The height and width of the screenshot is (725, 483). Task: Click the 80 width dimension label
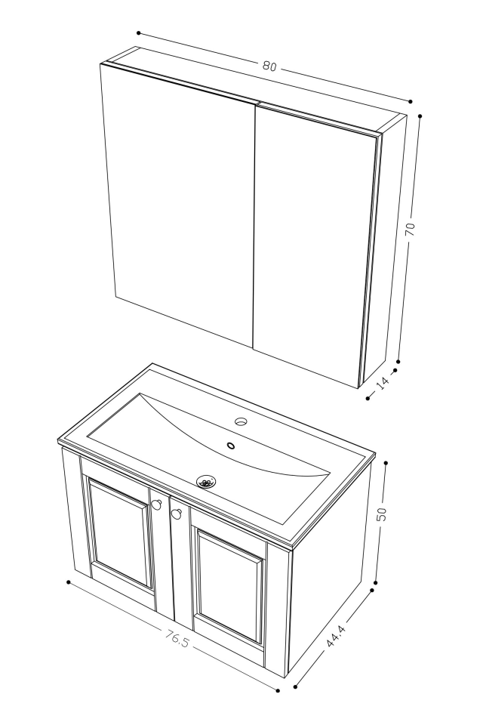tap(269, 66)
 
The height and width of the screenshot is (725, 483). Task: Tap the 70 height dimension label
tap(410, 230)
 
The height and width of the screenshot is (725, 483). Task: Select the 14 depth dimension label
tap(383, 383)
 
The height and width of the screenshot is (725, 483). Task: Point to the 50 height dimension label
tap(382, 514)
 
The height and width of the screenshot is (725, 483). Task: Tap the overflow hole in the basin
tap(231, 446)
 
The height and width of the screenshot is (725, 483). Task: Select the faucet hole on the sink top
tap(241, 421)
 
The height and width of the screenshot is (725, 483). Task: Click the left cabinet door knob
tap(156, 505)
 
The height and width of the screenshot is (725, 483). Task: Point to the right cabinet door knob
tap(177, 514)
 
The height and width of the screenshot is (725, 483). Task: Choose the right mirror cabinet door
tap(313, 242)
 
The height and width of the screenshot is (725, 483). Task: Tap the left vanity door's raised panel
tap(121, 532)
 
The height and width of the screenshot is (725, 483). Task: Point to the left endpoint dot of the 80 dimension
tap(139, 33)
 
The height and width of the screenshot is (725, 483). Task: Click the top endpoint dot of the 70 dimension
tap(420, 117)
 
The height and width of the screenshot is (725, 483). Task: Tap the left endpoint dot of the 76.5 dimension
tap(69, 582)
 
